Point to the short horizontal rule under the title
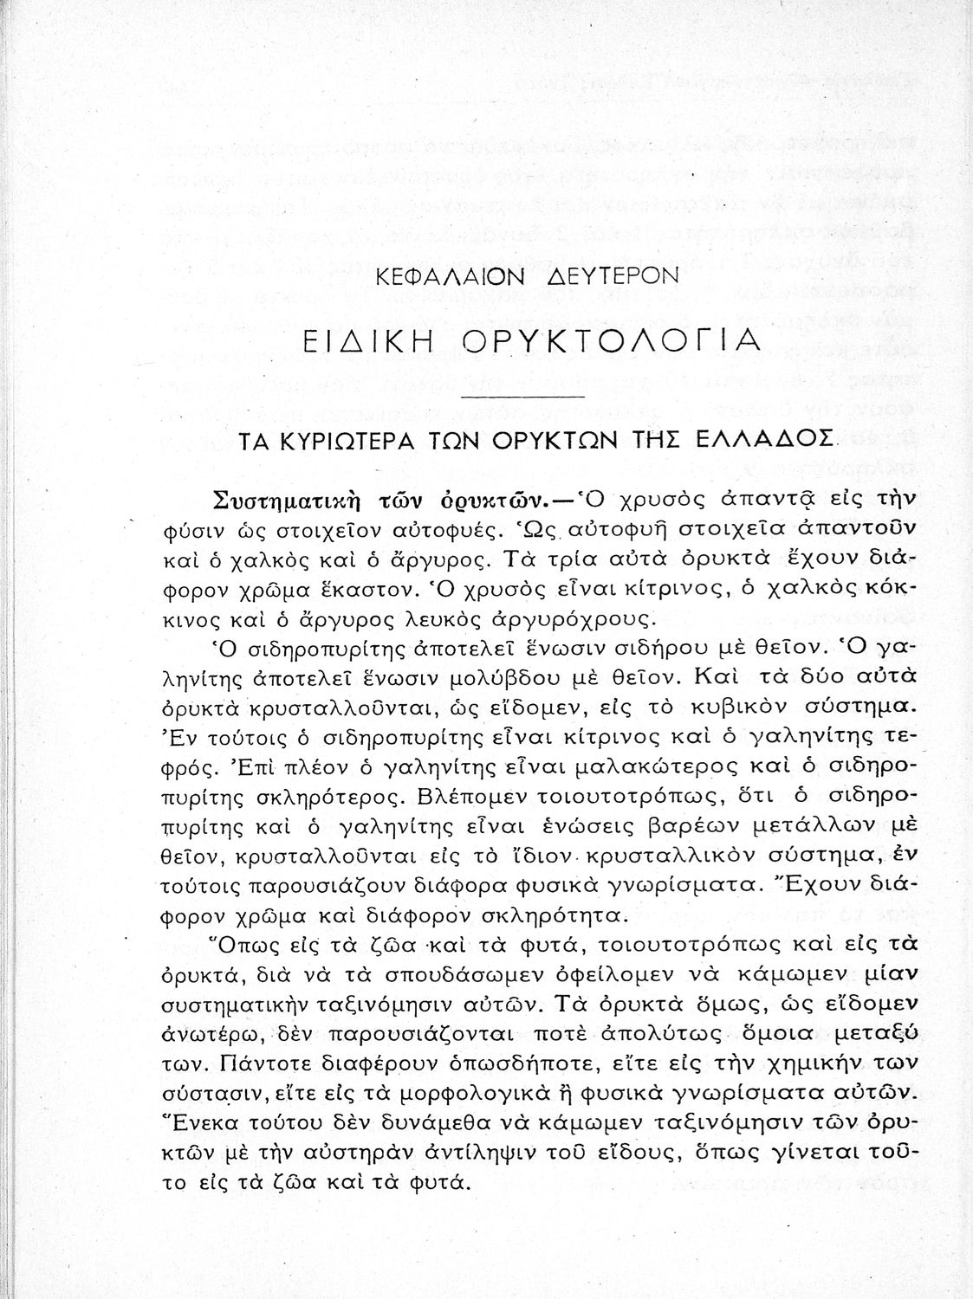click(x=525, y=397)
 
